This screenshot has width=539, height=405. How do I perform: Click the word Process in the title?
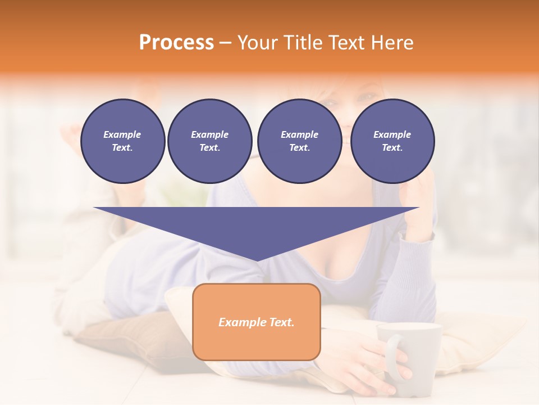[176, 43]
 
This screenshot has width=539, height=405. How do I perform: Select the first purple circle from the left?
[123, 141]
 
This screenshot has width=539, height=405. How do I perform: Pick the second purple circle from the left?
[210, 141]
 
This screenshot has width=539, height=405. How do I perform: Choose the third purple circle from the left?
[299, 141]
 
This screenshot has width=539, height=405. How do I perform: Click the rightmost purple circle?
[392, 141]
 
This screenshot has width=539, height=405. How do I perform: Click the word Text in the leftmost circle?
[122, 148]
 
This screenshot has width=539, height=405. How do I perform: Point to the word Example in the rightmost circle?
[392, 134]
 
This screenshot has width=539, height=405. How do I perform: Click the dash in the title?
[226, 43]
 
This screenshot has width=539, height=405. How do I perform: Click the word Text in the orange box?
[280, 322]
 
